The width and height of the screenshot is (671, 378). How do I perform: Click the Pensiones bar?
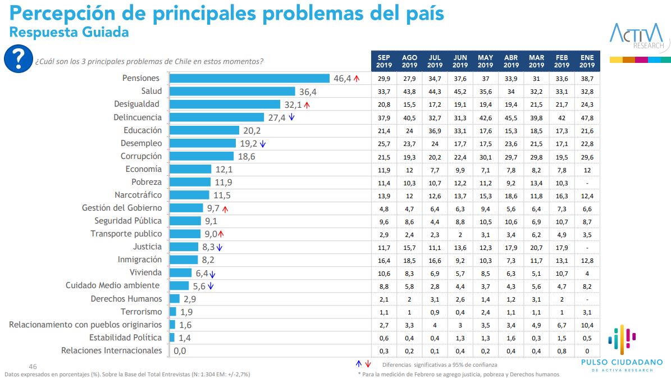pyautogui.click(x=249, y=78)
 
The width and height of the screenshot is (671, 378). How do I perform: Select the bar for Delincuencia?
pyautogui.click(x=217, y=117)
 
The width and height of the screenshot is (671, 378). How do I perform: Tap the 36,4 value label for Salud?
pyautogui.click(x=308, y=92)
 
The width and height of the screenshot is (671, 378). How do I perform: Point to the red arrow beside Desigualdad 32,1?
pyautogui.click(x=307, y=104)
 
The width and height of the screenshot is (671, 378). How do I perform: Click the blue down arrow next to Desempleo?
pyautogui.click(x=262, y=144)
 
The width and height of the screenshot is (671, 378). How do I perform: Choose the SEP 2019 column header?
pyautogui.click(x=384, y=61)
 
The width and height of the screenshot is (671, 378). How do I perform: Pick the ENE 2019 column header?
pyautogui.click(x=587, y=61)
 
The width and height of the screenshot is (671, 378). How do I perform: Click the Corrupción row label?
pyautogui.click(x=141, y=156)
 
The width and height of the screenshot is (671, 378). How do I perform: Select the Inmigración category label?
pyautogui.click(x=139, y=259)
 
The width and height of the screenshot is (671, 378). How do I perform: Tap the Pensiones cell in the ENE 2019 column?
pyautogui.click(x=587, y=79)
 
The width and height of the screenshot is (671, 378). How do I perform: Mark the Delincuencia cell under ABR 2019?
pyautogui.click(x=511, y=117)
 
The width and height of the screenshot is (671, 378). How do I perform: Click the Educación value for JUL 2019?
pyautogui.click(x=435, y=130)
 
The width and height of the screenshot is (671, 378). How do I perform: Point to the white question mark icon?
pyautogui.click(x=18, y=58)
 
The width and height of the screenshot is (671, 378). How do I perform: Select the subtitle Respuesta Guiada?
pyautogui.click(x=69, y=32)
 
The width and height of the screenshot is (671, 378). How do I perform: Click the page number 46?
pyautogui.click(x=33, y=366)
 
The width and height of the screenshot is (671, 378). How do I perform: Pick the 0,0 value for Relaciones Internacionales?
pyautogui.click(x=180, y=351)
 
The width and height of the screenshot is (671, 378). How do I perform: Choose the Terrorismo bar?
pyautogui.click(x=173, y=312)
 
